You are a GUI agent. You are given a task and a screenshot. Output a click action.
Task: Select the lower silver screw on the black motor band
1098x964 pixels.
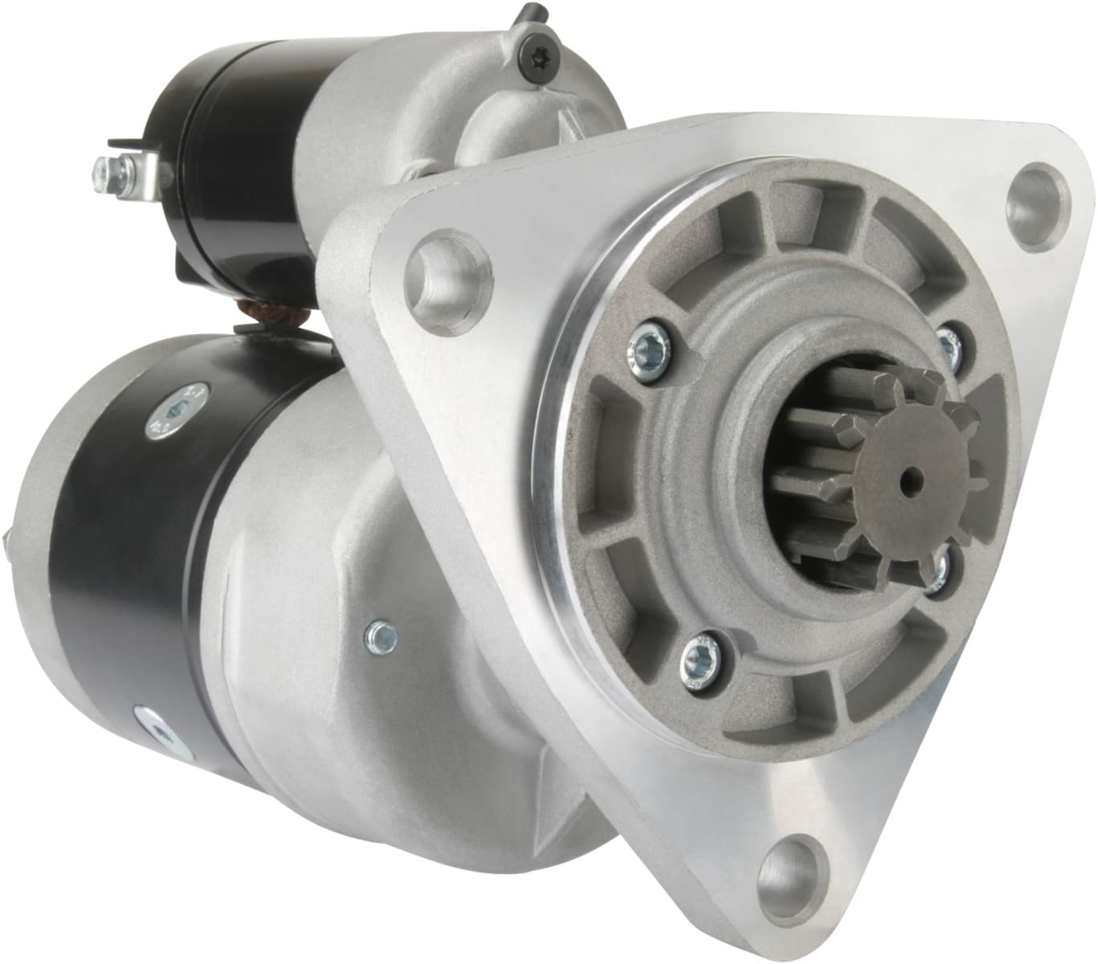click(157, 731)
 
